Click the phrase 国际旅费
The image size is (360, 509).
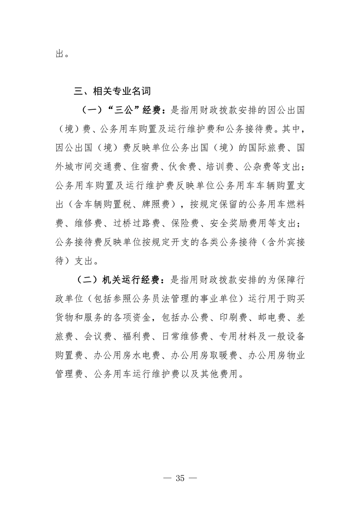tap(267, 147)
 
